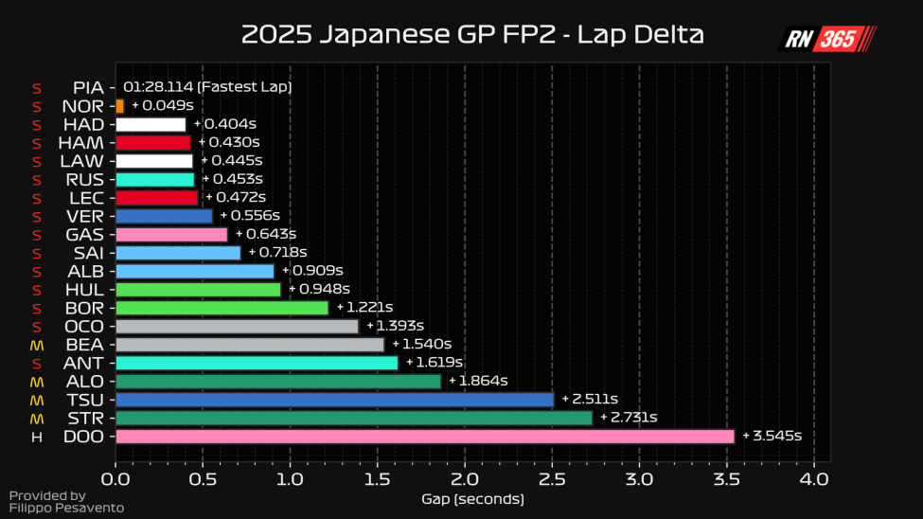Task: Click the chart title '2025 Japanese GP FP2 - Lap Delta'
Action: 472,35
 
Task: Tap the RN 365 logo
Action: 826,38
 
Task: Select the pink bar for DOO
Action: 424,436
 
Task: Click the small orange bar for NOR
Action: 119,106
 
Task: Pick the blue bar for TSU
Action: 334,400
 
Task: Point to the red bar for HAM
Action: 152,142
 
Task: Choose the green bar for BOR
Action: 222,308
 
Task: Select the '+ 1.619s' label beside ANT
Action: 434,363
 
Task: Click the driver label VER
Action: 85,216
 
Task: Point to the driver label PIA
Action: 88,87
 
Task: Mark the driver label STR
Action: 86,418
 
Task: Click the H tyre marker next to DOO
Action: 37,437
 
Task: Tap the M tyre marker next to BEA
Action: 37,345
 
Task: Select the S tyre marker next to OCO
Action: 37,327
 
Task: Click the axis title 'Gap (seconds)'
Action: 471,498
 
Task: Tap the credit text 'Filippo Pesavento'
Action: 66,509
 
